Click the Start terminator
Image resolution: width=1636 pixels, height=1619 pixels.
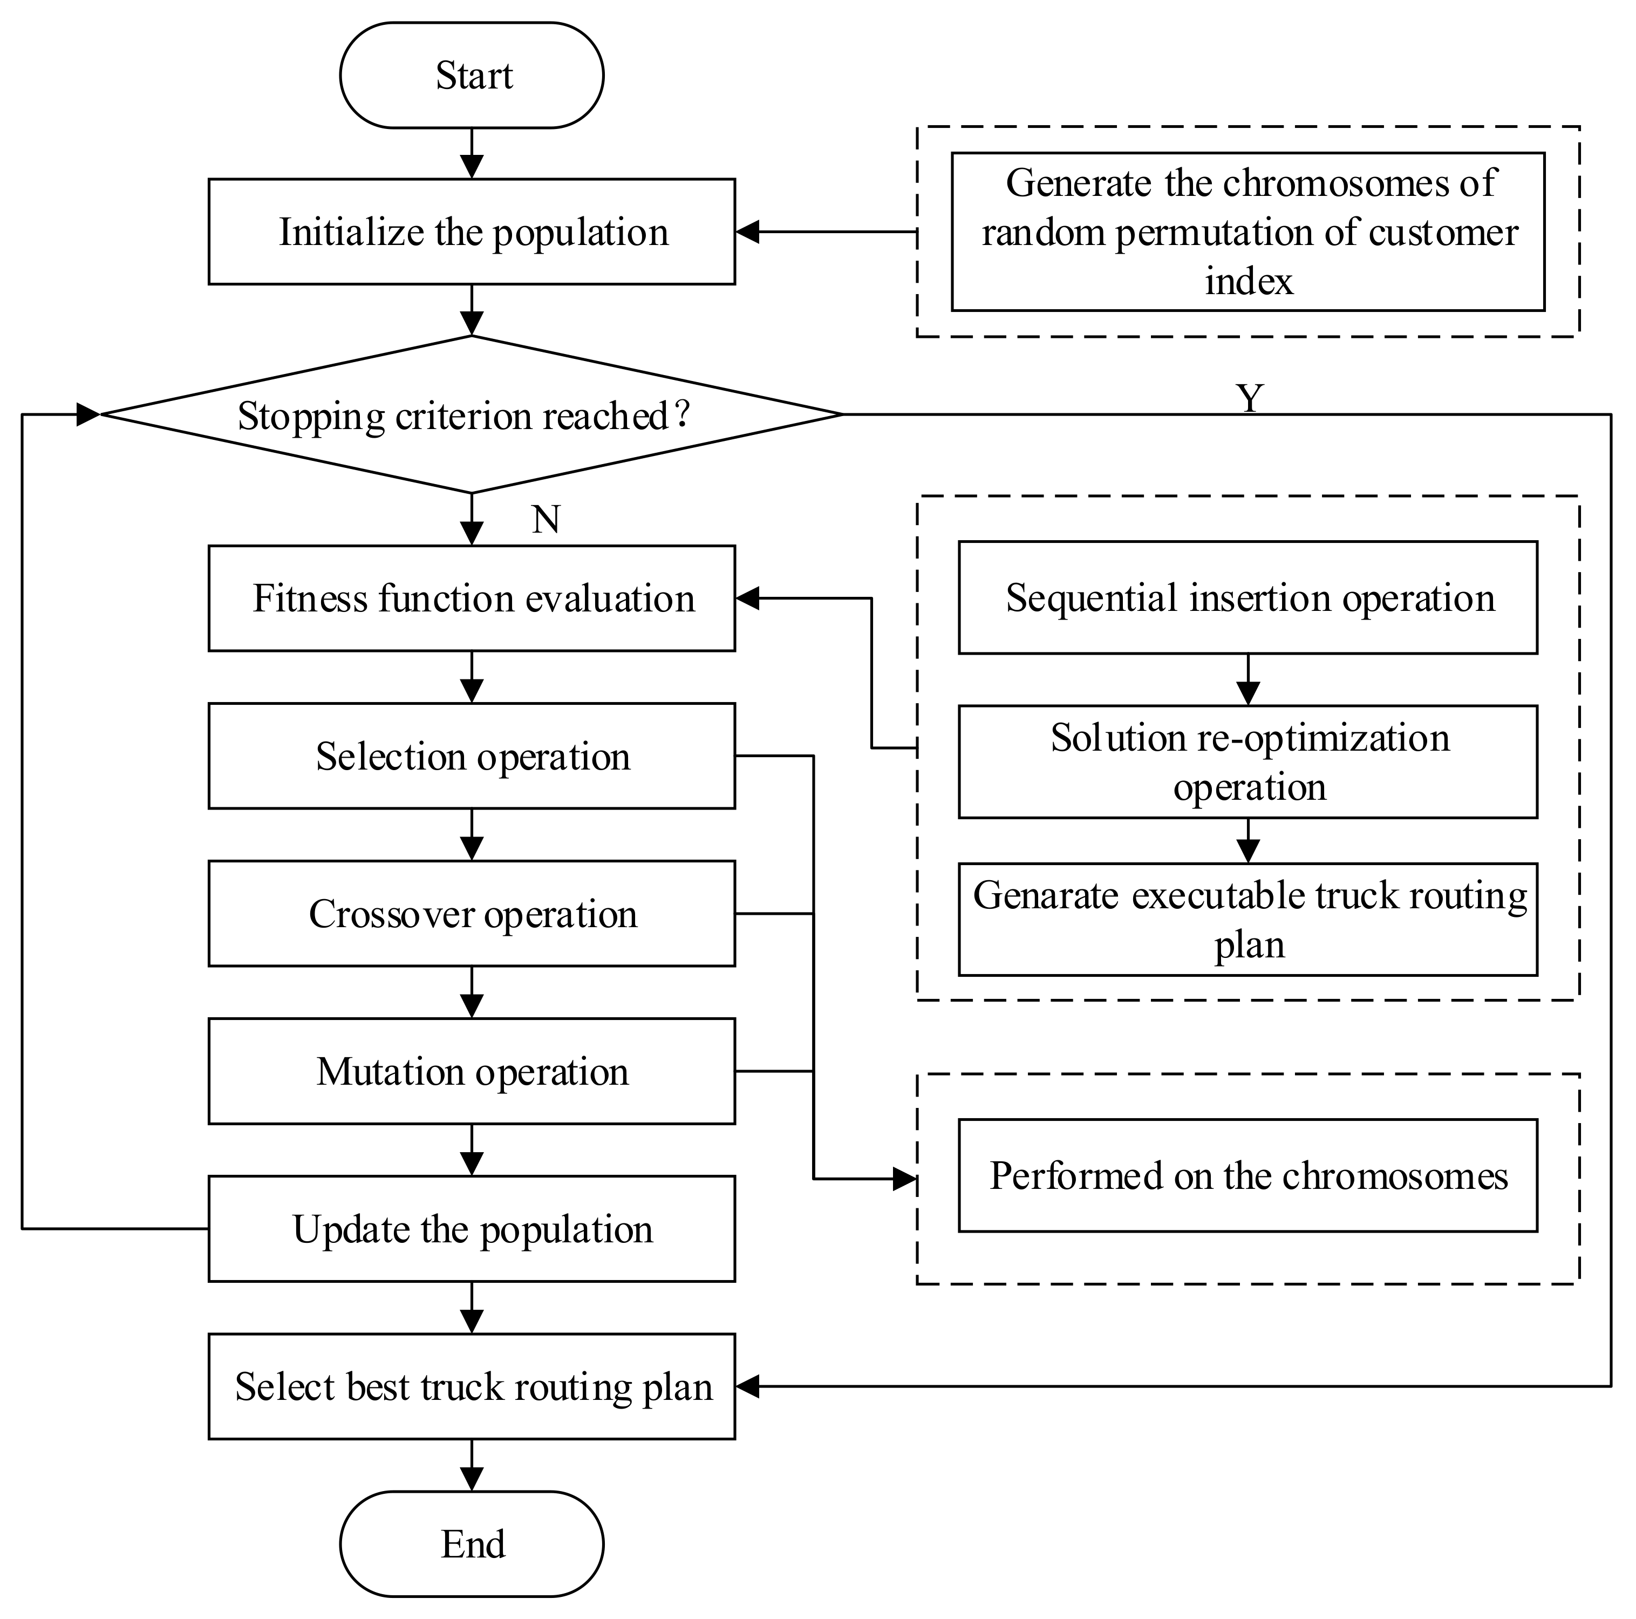(x=472, y=76)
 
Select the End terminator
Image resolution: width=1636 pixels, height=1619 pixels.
(x=472, y=1543)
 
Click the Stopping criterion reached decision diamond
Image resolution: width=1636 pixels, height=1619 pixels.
(x=472, y=415)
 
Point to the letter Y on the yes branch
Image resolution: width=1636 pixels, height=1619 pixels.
(x=1250, y=397)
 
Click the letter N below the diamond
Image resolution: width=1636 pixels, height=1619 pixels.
(x=546, y=519)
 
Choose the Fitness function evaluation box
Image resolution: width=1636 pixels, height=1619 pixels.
(x=472, y=598)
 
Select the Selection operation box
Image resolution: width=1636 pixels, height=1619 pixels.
(x=472, y=756)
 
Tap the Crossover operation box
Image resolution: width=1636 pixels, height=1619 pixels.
(x=472, y=914)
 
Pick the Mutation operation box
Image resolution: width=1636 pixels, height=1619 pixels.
(x=472, y=1071)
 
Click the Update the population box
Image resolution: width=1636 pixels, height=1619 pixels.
(x=472, y=1229)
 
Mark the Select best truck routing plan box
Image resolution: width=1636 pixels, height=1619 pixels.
(x=472, y=1386)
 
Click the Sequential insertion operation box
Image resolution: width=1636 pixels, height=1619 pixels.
(x=1248, y=598)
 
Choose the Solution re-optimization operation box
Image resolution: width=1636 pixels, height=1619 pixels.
(x=1248, y=761)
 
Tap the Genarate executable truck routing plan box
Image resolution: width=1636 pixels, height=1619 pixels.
(x=1248, y=920)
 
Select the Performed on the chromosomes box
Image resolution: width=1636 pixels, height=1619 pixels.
(x=1248, y=1176)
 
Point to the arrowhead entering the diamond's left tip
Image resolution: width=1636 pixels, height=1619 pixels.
(x=88, y=415)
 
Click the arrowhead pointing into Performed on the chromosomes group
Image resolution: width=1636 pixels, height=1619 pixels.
(x=905, y=1179)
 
